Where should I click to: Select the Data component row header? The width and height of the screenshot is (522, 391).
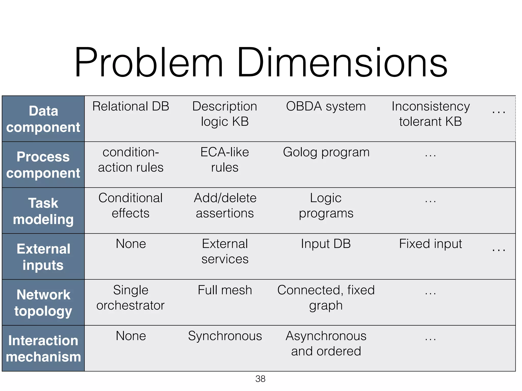pyautogui.click(x=43, y=119)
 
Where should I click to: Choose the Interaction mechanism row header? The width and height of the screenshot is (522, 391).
pyautogui.click(x=43, y=348)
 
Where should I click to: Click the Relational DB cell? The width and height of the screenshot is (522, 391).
pyautogui.click(x=131, y=106)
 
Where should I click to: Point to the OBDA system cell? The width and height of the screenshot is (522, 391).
pyautogui.click(x=326, y=106)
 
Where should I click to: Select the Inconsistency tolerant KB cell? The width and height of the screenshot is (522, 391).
pyautogui.click(x=430, y=114)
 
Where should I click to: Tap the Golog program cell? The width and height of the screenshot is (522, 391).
pyautogui.click(x=326, y=152)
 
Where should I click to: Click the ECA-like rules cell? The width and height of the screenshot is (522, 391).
pyautogui.click(x=225, y=160)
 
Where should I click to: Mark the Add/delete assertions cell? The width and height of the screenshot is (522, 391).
pyautogui.click(x=225, y=205)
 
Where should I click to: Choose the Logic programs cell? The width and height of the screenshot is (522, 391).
pyautogui.click(x=326, y=205)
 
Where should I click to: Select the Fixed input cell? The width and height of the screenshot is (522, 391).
pyautogui.click(x=430, y=244)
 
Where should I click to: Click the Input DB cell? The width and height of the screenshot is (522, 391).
pyautogui.click(x=326, y=244)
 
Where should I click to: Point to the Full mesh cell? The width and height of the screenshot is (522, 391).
pyautogui.click(x=225, y=290)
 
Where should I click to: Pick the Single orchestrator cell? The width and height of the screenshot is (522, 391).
pyautogui.click(x=130, y=298)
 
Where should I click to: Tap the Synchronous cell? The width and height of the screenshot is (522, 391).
pyautogui.click(x=225, y=336)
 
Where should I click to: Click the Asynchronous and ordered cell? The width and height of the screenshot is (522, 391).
pyautogui.click(x=326, y=343)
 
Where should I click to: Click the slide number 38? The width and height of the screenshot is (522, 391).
pyautogui.click(x=260, y=379)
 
